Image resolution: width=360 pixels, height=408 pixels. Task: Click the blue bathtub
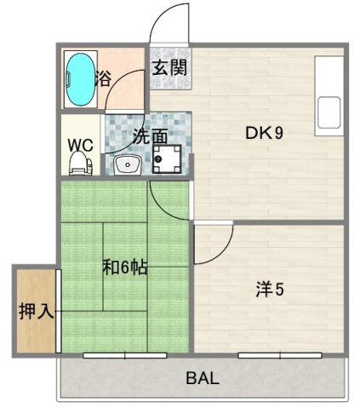[x=81, y=79]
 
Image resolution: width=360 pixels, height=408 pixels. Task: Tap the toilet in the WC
[x=81, y=163]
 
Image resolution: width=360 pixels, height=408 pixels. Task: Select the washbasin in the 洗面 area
[x=128, y=165]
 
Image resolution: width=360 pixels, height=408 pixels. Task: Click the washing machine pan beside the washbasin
[x=167, y=159]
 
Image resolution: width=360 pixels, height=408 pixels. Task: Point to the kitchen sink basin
[x=329, y=112]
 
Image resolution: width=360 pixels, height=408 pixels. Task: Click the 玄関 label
[x=169, y=67]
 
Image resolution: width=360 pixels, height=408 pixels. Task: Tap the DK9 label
[x=264, y=133]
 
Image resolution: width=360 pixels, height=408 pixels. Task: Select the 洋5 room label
[x=270, y=290]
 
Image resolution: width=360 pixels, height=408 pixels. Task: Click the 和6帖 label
[x=125, y=267]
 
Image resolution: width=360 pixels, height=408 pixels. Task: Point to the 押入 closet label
[x=36, y=312]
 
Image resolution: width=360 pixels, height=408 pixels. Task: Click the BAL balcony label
[x=203, y=378]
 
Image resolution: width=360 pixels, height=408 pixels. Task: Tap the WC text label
[x=81, y=145]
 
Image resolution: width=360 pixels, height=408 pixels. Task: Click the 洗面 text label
[x=150, y=137]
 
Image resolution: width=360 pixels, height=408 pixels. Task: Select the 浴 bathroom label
[x=103, y=78]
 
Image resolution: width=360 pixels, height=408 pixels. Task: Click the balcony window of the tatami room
[x=125, y=355]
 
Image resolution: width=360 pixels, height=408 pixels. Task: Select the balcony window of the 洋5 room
[x=280, y=355]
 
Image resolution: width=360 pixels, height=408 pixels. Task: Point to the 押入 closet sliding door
[x=58, y=311]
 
